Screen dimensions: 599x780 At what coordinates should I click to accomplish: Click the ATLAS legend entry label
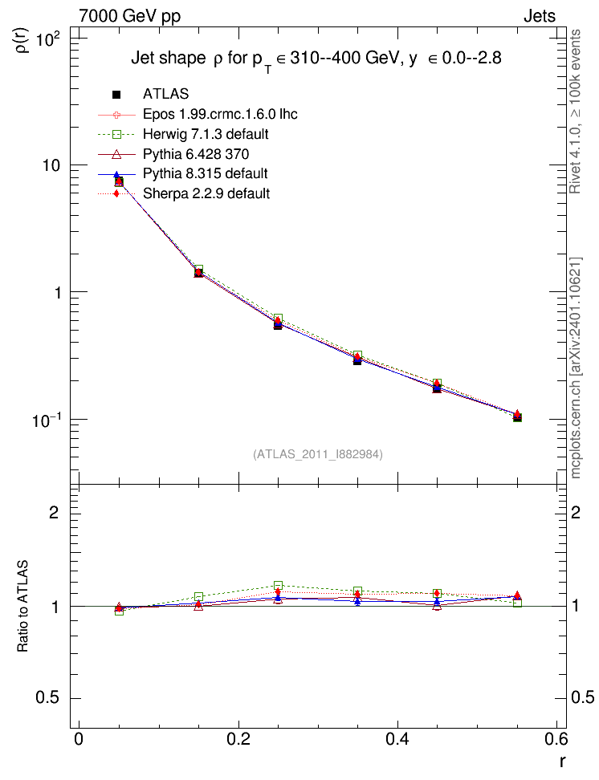click(x=165, y=94)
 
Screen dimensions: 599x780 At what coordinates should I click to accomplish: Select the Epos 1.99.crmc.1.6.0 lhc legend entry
click(x=220, y=114)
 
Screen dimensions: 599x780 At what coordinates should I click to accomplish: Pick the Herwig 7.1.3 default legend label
click(x=206, y=134)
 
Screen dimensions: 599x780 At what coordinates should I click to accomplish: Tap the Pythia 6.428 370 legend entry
click(x=196, y=154)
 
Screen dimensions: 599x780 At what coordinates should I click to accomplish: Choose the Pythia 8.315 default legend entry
click(x=205, y=173)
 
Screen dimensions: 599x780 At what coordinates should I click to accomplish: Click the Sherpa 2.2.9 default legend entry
click(x=206, y=193)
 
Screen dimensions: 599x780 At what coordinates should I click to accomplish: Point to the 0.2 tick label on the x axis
click(x=238, y=739)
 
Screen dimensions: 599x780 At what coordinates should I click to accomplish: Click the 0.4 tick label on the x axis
click(x=397, y=739)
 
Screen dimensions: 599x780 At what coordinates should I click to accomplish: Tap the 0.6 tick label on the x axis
click(x=556, y=739)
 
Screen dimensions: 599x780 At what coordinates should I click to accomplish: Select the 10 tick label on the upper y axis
click(x=51, y=165)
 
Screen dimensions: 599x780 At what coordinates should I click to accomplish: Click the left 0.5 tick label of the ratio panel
click(x=47, y=697)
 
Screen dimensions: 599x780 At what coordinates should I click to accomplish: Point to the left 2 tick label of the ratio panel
click(x=54, y=512)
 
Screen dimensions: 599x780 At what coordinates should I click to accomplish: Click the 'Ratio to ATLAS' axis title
click(x=22, y=606)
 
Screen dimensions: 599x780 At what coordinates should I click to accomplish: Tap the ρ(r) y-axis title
click(x=22, y=40)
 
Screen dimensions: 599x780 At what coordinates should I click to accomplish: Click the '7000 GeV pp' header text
click(x=129, y=16)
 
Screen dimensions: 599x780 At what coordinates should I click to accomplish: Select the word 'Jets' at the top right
click(x=540, y=16)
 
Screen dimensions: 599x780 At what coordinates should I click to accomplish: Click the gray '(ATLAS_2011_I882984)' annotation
click(x=318, y=454)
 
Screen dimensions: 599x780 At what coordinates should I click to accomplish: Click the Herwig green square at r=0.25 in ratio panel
click(x=279, y=586)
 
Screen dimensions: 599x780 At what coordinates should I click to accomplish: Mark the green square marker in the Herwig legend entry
click(x=116, y=134)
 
